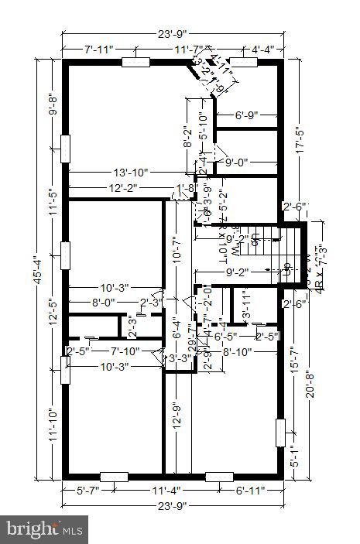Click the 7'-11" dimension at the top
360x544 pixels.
click(x=98, y=50)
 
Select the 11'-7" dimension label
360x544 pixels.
click(x=188, y=50)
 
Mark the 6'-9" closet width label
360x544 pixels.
click(x=251, y=116)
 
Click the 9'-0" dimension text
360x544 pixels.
click(x=239, y=163)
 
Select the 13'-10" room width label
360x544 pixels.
click(x=131, y=172)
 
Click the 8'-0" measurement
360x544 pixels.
click(x=105, y=303)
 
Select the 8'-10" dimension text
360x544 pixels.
click(x=238, y=352)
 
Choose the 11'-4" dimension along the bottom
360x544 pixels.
click(x=166, y=490)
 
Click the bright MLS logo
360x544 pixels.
click(x=44, y=530)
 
